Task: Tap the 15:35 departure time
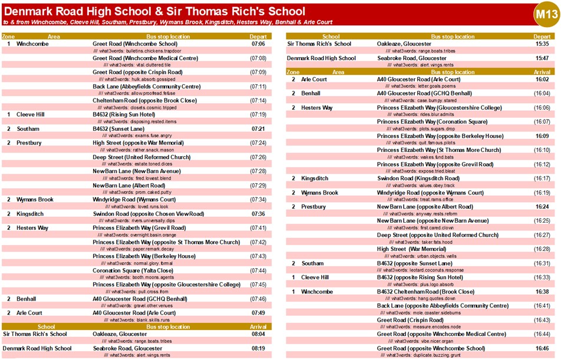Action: (x=542, y=44)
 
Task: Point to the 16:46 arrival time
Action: (x=542, y=348)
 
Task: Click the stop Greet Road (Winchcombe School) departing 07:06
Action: (x=134, y=44)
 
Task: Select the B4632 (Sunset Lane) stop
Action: (x=118, y=128)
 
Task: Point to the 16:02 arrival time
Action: (x=542, y=79)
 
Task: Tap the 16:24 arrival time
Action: (x=542, y=207)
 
